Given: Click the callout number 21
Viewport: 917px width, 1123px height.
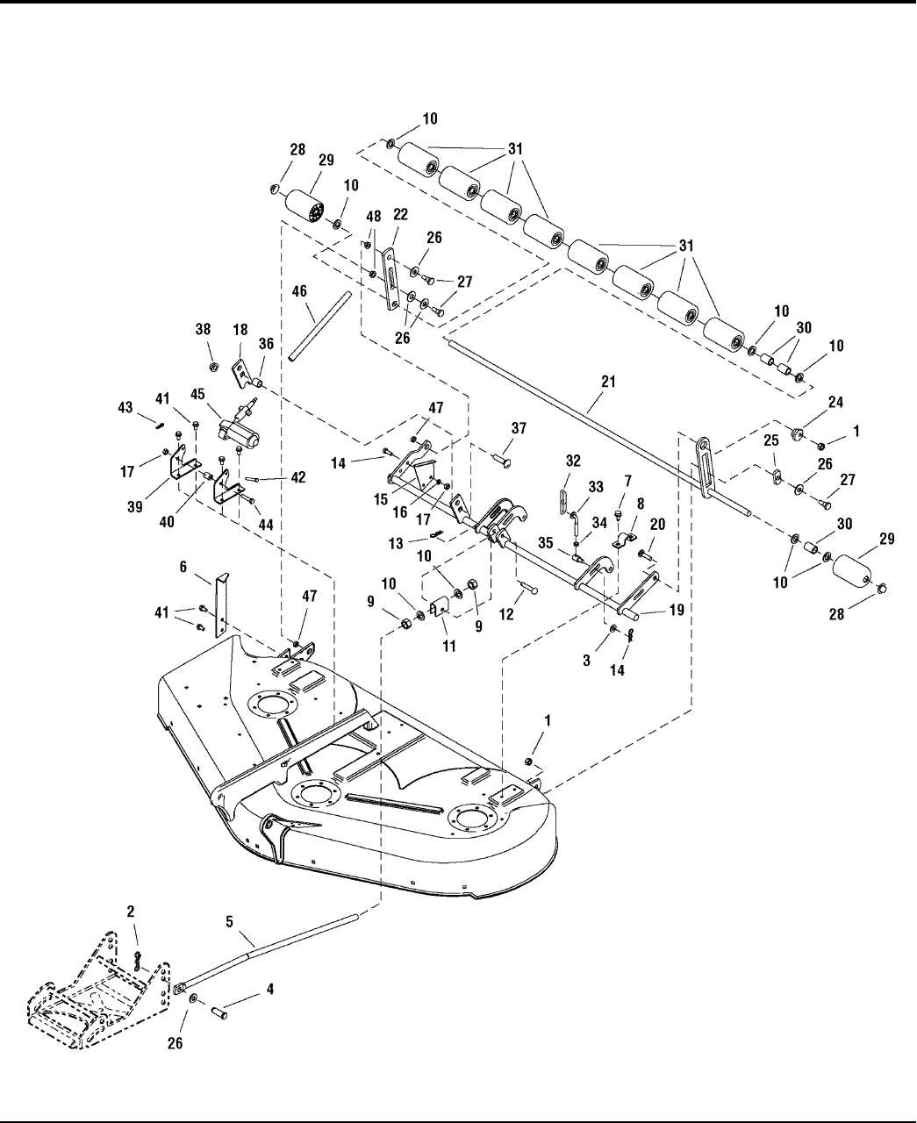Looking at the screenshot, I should [608, 382].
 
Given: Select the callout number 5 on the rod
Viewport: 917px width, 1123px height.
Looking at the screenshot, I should [230, 922].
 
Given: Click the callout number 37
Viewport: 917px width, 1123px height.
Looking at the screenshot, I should [519, 427].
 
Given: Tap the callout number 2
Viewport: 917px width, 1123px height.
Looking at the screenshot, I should [131, 912].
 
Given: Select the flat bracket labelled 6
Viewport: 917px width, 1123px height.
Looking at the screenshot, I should [221, 605].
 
